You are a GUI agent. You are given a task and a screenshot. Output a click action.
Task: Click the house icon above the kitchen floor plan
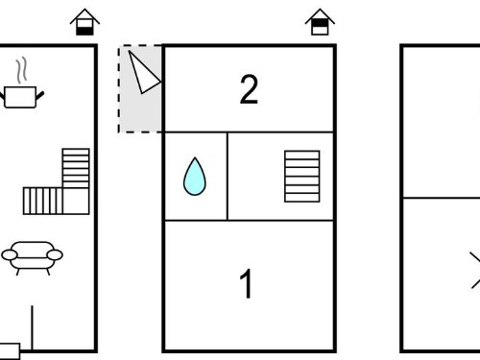coord(84,22)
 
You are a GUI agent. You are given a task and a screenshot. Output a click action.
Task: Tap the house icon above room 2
coord(320,22)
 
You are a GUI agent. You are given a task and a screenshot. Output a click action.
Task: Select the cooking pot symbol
coord(22,97)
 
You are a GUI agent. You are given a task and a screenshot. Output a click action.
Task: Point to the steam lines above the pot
coord(21,70)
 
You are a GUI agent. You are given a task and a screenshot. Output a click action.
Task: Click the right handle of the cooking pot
coord(40,95)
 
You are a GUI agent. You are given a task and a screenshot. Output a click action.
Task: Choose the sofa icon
coord(32,258)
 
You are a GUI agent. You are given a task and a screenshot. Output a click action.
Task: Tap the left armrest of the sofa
coord(10,255)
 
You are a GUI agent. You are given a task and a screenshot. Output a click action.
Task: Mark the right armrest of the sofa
coord(55,255)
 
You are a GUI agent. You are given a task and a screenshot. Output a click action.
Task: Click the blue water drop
coord(195,177)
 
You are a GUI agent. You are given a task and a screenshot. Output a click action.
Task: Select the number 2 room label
coord(249,89)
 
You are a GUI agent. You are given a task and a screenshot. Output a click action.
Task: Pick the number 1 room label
coord(246,283)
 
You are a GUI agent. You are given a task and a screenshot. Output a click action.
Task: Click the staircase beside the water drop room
coord(302,177)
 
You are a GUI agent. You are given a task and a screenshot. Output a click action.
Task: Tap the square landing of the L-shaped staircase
coord(76,201)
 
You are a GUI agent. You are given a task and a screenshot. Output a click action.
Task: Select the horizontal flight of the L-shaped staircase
coord(43,201)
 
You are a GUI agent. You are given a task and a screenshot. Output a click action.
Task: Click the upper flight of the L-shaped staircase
coord(76,168)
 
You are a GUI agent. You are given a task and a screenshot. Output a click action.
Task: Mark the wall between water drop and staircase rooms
coord(228,177)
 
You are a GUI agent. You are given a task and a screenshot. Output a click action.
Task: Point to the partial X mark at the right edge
coord(475,271)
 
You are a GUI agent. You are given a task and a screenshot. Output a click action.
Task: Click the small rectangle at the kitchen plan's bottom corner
coord(10,351)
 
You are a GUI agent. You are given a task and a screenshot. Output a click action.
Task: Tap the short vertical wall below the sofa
coord(32,327)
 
